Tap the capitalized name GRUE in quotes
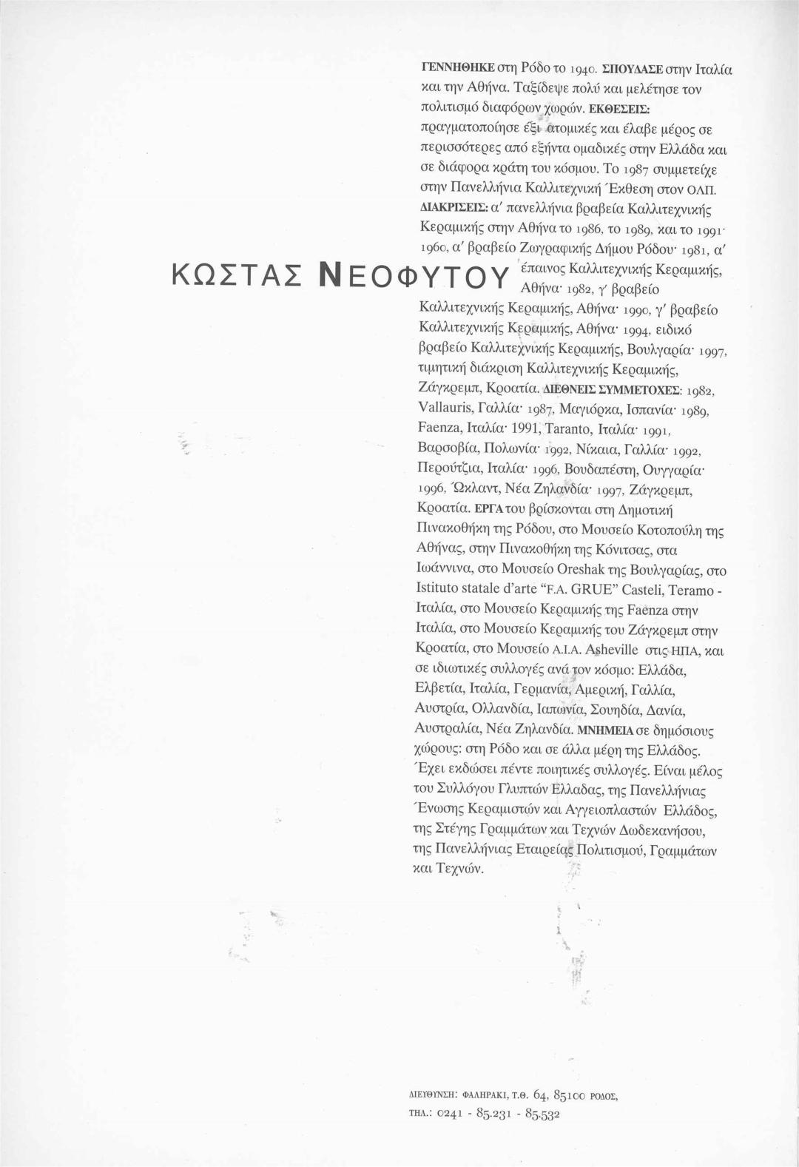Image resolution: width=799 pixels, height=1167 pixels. [566, 591]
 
